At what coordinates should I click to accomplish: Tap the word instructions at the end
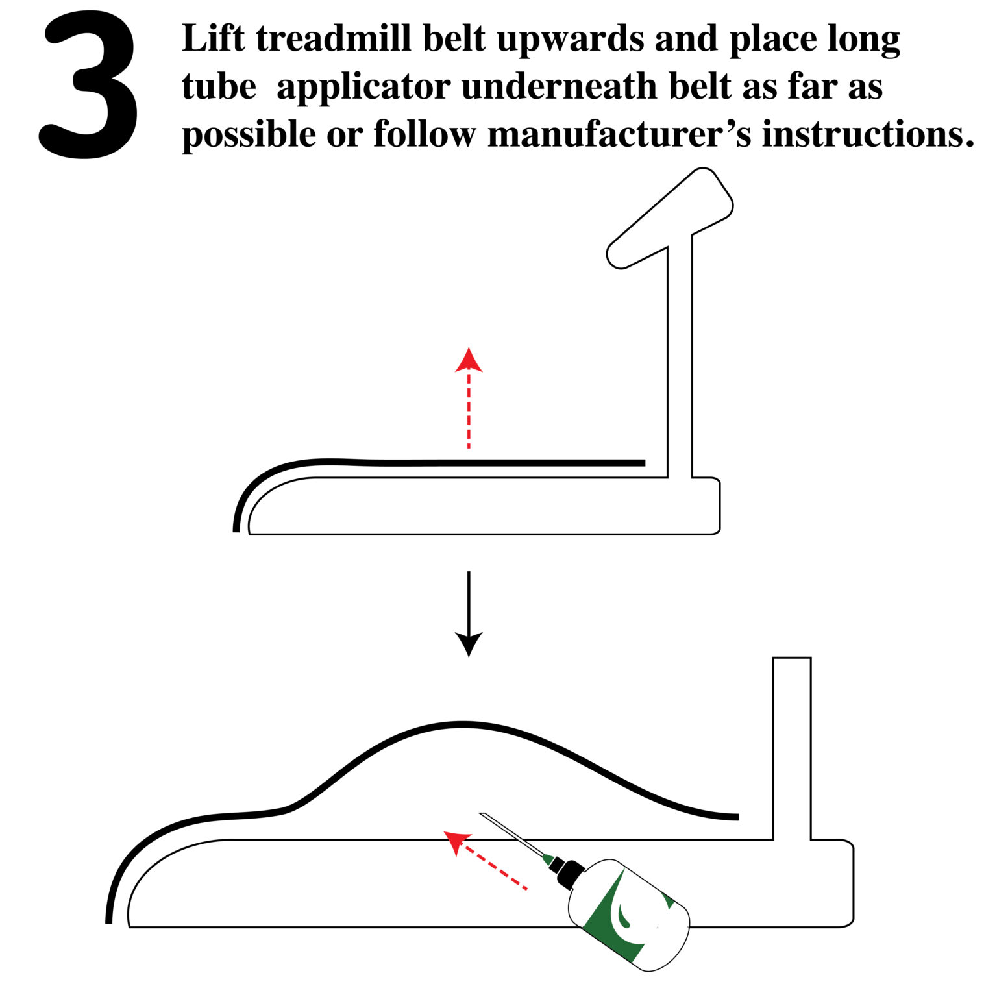pos(867,135)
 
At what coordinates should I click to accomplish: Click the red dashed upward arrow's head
pos(469,361)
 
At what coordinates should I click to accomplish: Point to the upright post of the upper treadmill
pos(680,357)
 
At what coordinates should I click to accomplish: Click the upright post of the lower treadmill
pos(791,746)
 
